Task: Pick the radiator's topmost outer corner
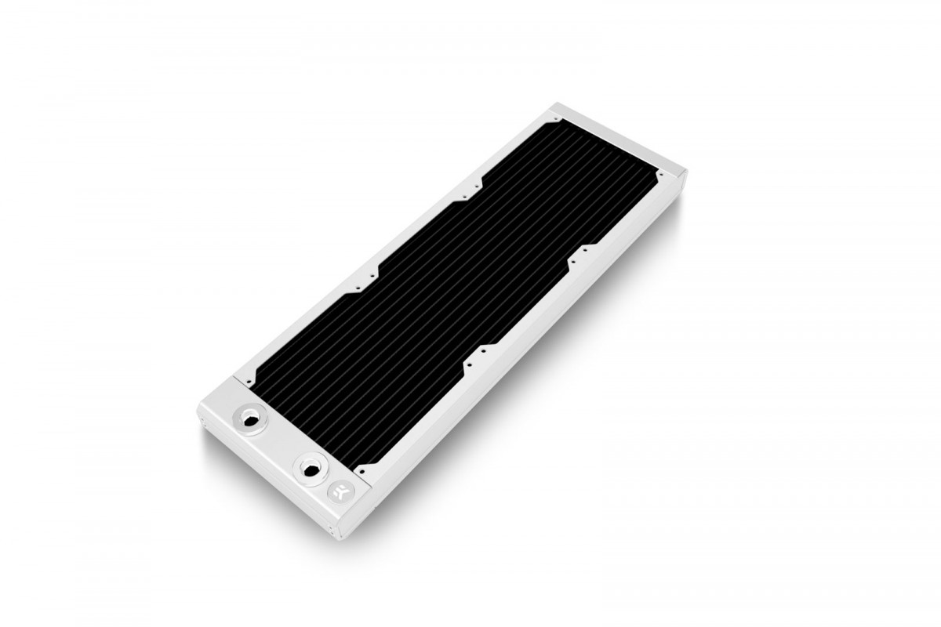(554, 102)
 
